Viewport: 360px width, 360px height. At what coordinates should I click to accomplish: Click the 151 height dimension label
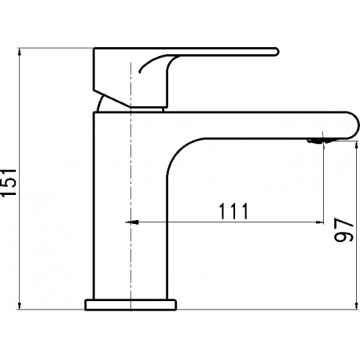click(9, 182)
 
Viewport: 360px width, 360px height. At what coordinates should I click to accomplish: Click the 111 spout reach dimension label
click(233, 211)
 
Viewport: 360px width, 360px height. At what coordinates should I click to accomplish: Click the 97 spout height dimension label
click(343, 230)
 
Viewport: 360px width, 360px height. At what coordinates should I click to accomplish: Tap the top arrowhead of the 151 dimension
click(20, 52)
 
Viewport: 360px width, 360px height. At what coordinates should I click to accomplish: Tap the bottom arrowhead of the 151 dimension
click(20, 306)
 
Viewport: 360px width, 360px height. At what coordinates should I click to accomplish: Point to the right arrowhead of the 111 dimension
click(320, 222)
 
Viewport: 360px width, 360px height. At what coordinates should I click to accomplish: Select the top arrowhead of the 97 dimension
click(356, 145)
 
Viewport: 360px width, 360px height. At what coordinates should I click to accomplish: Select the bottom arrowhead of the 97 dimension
click(356, 306)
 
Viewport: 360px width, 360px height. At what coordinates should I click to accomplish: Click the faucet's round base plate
click(130, 305)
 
